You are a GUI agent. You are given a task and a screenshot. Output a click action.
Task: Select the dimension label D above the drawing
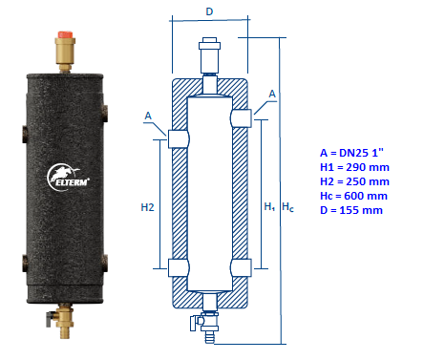pyautogui.click(x=209, y=11)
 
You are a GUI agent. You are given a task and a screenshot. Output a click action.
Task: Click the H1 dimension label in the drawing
pyautogui.click(x=267, y=206)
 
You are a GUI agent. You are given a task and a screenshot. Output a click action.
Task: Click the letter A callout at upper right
pyautogui.click(x=273, y=94)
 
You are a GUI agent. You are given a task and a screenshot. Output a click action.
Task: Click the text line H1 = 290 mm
pyautogui.click(x=352, y=166)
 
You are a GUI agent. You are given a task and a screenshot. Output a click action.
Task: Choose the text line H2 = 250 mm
pyautogui.click(x=352, y=180)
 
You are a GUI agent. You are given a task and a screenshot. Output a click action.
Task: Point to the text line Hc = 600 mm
pyautogui.click(x=352, y=195)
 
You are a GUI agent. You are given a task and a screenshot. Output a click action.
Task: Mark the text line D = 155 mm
pyautogui.click(x=350, y=209)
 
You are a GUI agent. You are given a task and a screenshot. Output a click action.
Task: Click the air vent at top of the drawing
pyautogui.click(x=210, y=53)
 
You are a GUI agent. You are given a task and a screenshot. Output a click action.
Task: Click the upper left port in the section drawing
pyautogui.click(x=179, y=138)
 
